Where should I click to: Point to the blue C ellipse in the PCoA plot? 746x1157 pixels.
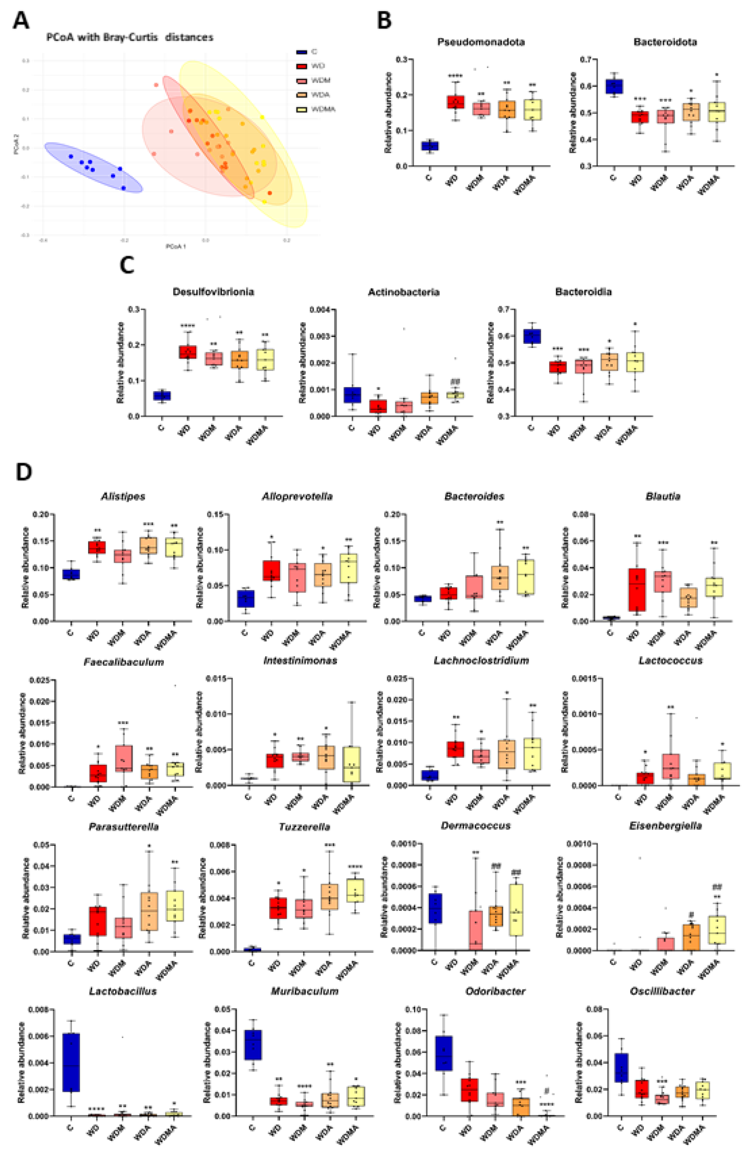tap(94, 167)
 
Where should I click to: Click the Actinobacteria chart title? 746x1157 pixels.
tap(403, 292)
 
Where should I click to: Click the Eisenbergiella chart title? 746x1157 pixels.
tap(663, 826)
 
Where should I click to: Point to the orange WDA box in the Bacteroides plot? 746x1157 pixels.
tap(500, 577)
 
